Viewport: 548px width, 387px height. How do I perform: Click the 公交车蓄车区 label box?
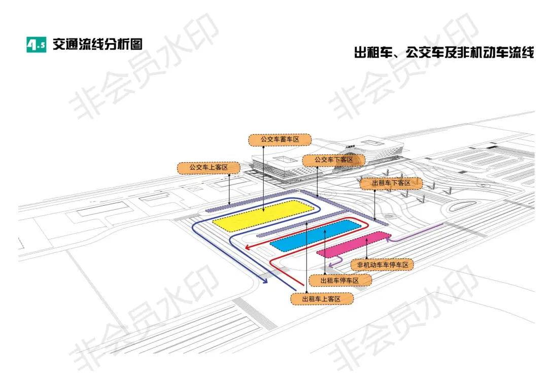click(280, 138)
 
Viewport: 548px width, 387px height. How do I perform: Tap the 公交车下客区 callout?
click(334, 160)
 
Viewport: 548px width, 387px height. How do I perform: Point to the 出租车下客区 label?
click(391, 183)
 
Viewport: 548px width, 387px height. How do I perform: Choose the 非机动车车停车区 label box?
click(382, 264)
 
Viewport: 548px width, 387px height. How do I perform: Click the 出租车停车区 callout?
click(340, 280)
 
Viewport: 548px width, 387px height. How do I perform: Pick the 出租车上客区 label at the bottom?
click(321, 299)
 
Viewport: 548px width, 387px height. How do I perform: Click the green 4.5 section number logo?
click(36, 45)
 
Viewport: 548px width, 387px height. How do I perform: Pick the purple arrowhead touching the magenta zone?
click(389, 239)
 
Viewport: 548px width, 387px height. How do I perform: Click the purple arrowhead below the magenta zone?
click(330, 264)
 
